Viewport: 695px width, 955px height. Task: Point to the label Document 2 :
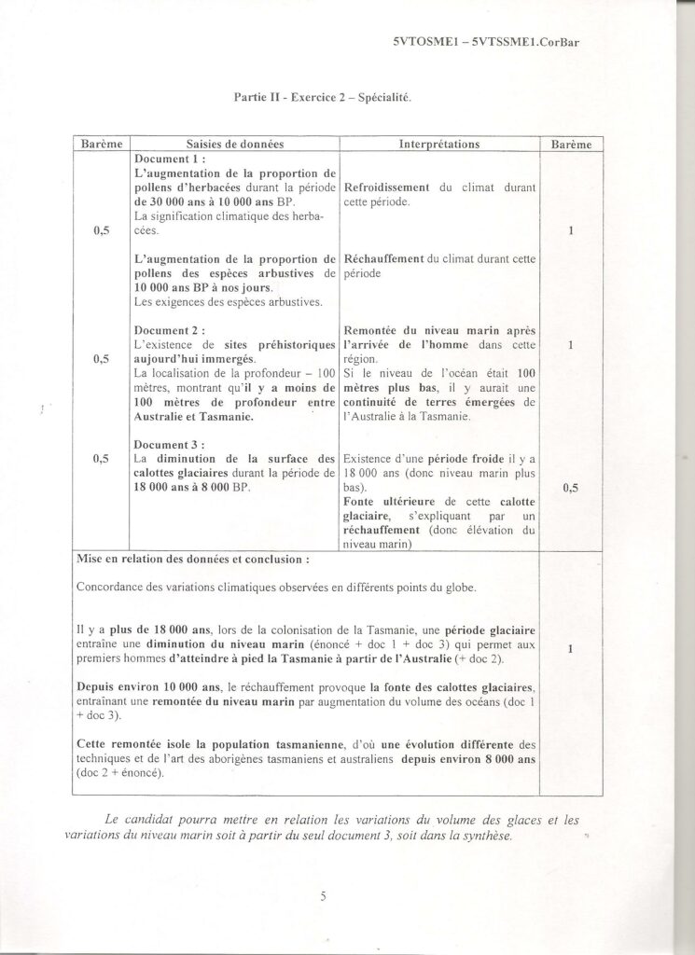(x=170, y=330)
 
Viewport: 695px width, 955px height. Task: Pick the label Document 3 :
(x=170, y=445)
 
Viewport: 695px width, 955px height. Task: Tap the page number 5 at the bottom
(x=323, y=897)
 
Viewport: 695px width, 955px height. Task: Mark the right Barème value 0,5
(x=571, y=487)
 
